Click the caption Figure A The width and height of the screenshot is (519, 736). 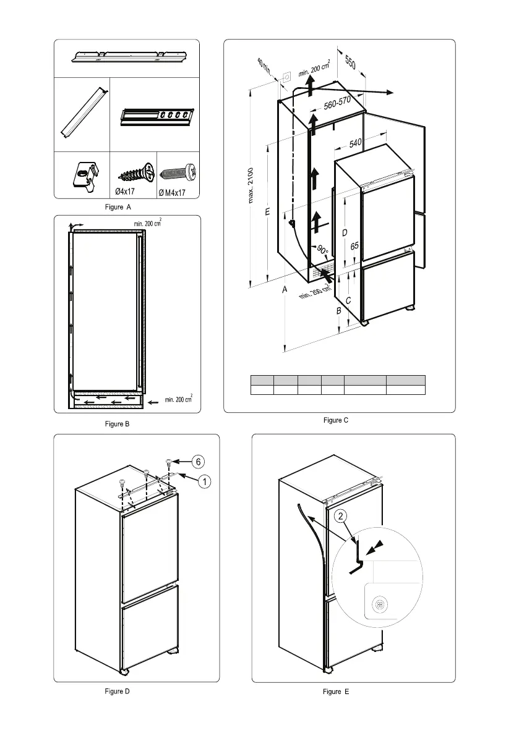click(x=118, y=207)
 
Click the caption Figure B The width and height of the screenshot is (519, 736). click(x=118, y=424)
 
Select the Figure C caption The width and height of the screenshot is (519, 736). click(x=336, y=420)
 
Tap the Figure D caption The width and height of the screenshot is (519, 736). click(x=118, y=692)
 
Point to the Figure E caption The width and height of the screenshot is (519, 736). click(x=336, y=692)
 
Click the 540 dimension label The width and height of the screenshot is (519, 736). click(x=355, y=143)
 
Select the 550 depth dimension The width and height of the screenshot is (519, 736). click(x=350, y=64)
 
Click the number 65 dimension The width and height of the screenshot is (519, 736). click(x=354, y=245)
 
